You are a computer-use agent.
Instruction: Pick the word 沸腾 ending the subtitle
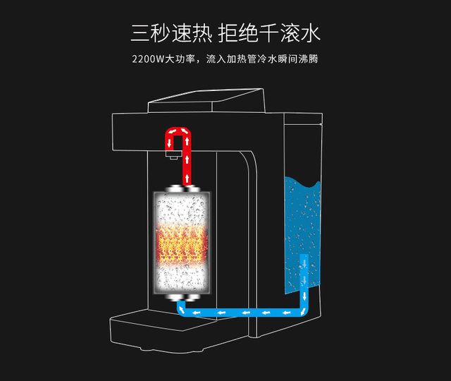pos(310,59)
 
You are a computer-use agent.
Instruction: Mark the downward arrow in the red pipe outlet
pos(169,143)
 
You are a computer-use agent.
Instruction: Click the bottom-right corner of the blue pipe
pos(302,311)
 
